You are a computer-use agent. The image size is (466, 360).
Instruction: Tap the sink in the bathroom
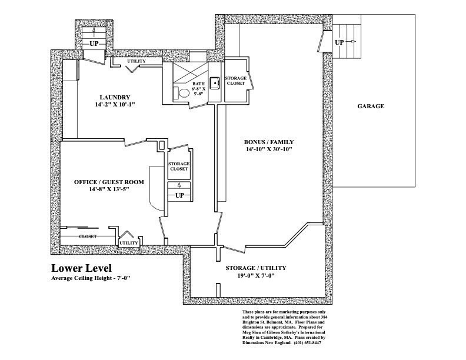(x=214, y=82)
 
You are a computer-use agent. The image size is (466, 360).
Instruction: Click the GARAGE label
(x=371, y=106)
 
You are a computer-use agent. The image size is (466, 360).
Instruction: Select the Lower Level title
(x=81, y=268)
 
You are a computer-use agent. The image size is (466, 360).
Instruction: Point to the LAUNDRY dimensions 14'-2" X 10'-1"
(x=115, y=105)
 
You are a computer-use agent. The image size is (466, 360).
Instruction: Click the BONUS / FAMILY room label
(x=269, y=142)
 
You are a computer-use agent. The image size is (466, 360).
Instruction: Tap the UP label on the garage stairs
(x=339, y=42)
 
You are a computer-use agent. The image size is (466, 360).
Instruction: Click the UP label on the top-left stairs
(x=94, y=44)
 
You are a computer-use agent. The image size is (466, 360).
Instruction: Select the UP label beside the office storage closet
(x=179, y=195)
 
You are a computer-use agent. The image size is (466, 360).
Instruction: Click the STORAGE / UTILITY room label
(x=256, y=268)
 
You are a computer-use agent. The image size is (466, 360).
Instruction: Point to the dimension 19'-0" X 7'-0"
(x=255, y=275)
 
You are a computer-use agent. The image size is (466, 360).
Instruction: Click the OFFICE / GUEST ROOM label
(x=109, y=182)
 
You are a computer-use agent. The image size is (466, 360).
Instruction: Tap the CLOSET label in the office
(x=88, y=236)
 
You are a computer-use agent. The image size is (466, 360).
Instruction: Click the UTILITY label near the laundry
(x=137, y=61)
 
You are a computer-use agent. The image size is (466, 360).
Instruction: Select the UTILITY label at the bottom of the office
(x=129, y=243)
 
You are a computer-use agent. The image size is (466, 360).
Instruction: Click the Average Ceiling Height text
(x=91, y=278)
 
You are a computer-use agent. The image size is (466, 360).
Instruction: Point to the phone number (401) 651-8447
(x=307, y=342)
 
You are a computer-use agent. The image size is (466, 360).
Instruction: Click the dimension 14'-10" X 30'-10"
(x=269, y=149)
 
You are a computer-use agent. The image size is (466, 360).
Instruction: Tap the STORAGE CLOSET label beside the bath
(x=236, y=81)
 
